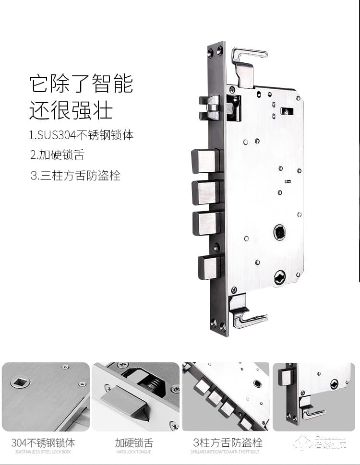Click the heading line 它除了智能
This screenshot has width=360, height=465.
(x=81, y=83)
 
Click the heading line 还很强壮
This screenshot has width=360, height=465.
(x=71, y=110)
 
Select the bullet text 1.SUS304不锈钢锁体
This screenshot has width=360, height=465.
(x=81, y=135)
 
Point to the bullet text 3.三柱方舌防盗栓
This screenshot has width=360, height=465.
(x=75, y=176)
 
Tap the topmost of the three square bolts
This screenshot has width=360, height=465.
(x=205, y=161)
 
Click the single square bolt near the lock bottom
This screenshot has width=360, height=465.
(x=210, y=267)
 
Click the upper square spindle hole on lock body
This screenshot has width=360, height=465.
(x=279, y=232)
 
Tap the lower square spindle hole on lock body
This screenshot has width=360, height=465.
(x=279, y=277)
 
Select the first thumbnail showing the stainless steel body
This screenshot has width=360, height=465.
(x=46, y=396)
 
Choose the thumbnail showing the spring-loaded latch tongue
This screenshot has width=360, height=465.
(x=135, y=396)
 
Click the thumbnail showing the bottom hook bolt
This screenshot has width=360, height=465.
(x=314, y=396)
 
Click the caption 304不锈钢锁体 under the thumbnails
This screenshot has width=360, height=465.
(x=43, y=442)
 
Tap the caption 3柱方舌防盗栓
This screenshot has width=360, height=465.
(x=228, y=442)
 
